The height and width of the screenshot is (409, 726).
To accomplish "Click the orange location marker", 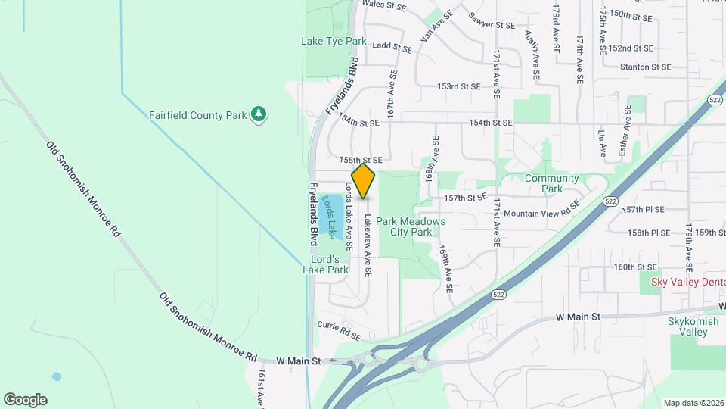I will pyautogui.click(x=364, y=181).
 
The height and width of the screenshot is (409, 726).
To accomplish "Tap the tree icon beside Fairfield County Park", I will pyautogui.click(x=260, y=114).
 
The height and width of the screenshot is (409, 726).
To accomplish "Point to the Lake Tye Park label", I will pyautogui.click(x=334, y=41).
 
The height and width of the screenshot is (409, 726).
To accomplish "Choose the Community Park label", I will pyautogui.click(x=552, y=183).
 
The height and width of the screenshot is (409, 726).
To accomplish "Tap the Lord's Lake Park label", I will pyautogui.click(x=326, y=264).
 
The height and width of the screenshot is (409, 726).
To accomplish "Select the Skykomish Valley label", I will pyautogui.click(x=687, y=326).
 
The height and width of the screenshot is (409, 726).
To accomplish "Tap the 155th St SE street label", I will pyautogui.click(x=361, y=160).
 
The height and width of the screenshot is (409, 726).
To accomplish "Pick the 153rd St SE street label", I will pyautogui.click(x=458, y=86).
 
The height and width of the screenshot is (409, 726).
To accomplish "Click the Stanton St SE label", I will pyautogui.click(x=645, y=67).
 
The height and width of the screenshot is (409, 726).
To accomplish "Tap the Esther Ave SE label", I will pyautogui.click(x=625, y=130).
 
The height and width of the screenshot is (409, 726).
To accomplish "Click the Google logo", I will pyautogui.click(x=25, y=400).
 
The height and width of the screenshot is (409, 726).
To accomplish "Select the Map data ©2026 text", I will pyautogui.click(x=693, y=403).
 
